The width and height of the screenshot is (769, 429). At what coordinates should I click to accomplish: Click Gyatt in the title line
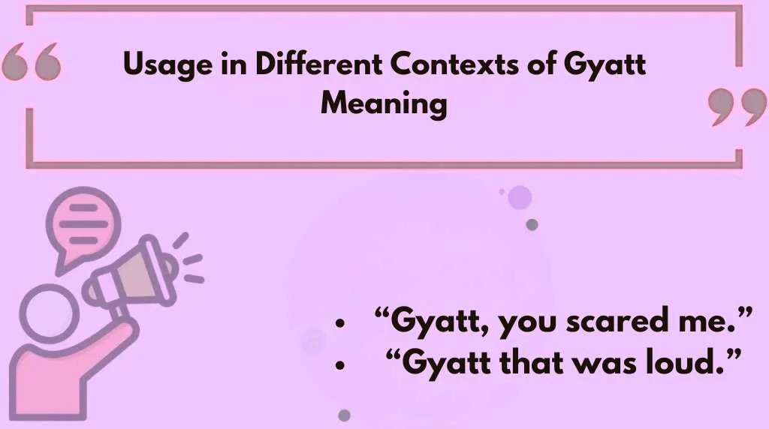[x=605, y=66]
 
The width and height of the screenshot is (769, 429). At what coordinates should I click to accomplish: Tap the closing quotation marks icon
[x=736, y=107]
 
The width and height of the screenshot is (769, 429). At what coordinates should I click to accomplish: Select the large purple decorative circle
[x=520, y=197]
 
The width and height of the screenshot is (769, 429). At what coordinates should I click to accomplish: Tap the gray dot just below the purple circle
[x=532, y=224]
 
